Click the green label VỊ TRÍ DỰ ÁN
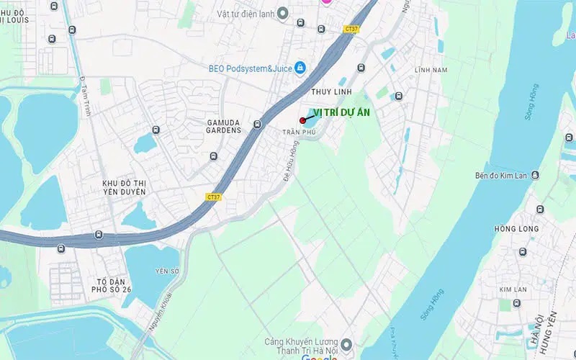342,112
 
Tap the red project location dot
302,120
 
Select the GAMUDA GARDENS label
222,127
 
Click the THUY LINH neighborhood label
330,93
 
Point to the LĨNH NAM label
431,70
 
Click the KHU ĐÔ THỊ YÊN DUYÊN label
124,188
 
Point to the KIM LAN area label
513,289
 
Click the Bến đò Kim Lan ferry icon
535,175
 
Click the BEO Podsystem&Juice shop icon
300,68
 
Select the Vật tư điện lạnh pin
283,12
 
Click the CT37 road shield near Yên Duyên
213,197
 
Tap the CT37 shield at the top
351,29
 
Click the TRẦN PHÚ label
299,132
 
